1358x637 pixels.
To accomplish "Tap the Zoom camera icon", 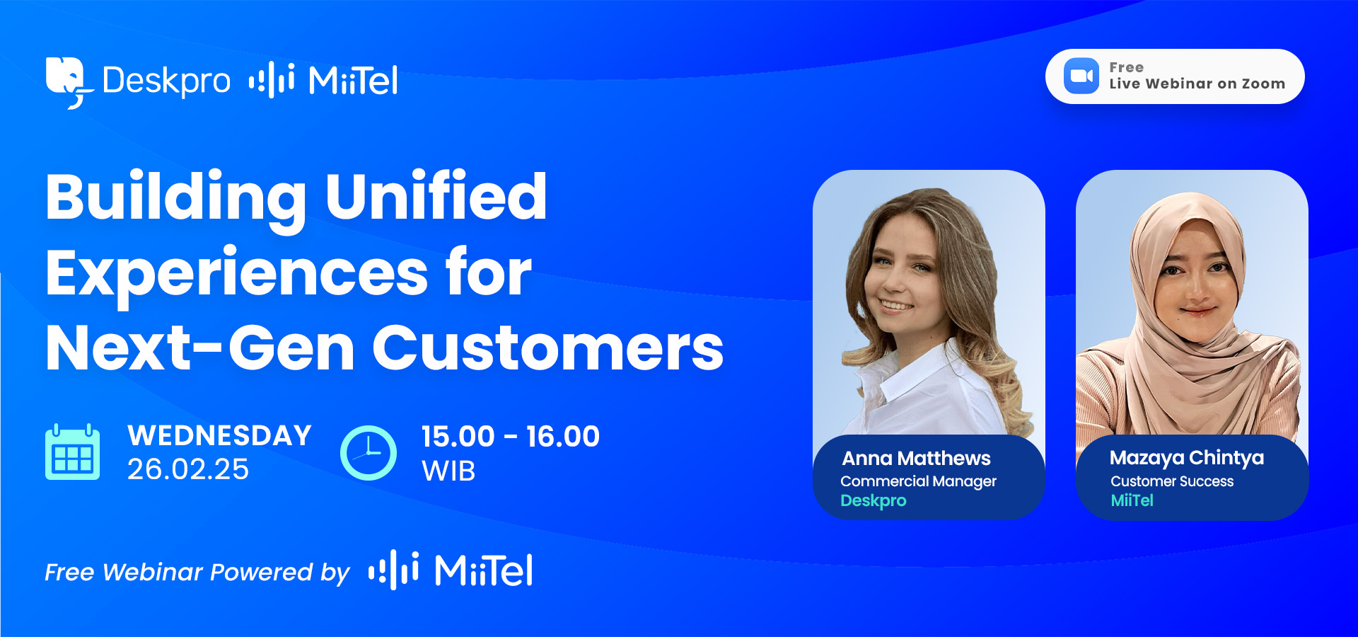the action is click(x=1081, y=76).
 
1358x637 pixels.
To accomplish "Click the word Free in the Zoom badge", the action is click(x=1126, y=67).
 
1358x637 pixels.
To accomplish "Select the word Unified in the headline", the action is click(x=436, y=196).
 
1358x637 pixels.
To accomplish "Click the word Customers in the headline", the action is click(x=547, y=348).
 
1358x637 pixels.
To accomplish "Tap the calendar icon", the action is click(x=72, y=452).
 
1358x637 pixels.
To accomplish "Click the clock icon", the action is click(x=368, y=453).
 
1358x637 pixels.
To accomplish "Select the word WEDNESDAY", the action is click(x=219, y=435).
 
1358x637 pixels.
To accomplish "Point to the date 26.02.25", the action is click(x=188, y=469).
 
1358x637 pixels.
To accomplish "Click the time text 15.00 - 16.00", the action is click(x=511, y=436).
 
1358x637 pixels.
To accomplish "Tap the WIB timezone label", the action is click(x=448, y=471).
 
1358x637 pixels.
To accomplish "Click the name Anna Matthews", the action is click(x=916, y=458).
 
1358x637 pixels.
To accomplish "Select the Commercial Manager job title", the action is click(x=918, y=481).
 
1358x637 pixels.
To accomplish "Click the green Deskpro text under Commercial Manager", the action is click(x=873, y=501).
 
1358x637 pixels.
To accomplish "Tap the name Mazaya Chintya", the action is click(x=1187, y=458).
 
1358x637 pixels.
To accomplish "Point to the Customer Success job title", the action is click(x=1172, y=481).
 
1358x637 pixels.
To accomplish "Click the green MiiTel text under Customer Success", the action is click(x=1132, y=500).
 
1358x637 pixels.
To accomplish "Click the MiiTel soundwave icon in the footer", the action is click(x=393, y=570).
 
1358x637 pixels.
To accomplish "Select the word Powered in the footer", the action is click(x=261, y=572).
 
